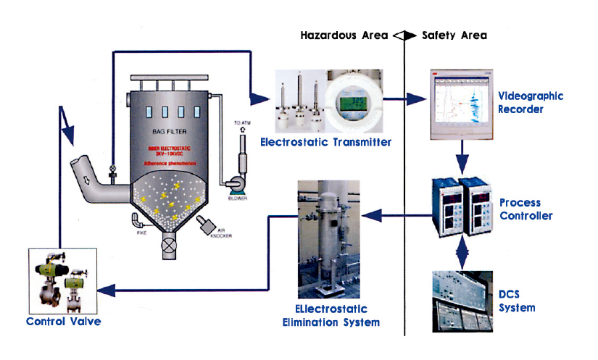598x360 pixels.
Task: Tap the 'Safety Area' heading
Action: tap(454, 35)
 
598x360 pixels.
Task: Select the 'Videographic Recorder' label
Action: tap(531, 103)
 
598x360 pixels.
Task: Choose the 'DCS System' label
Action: tap(517, 301)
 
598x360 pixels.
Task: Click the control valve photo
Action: tap(61, 279)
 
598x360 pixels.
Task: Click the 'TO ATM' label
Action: tap(241, 124)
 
